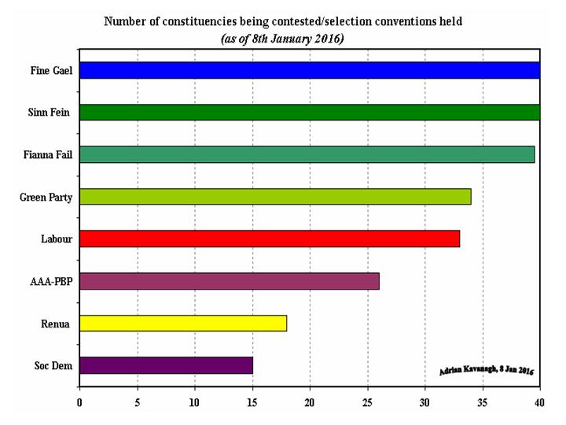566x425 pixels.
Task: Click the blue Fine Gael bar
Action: (310, 70)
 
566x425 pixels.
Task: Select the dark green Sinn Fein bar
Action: (310, 112)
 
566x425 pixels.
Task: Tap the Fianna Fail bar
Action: (307, 154)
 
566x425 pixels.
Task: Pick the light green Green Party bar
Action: (275, 196)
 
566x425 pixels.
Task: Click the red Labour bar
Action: (270, 238)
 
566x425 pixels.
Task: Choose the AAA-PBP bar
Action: (229, 281)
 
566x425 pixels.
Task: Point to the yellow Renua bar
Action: (183, 323)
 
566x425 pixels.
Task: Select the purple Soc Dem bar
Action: (166, 365)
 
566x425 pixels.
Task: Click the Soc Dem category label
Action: (53, 365)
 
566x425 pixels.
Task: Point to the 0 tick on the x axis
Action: (79, 403)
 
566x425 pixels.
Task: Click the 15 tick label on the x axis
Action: (252, 403)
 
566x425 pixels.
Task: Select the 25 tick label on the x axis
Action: (367, 403)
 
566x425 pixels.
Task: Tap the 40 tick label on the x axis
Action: (539, 403)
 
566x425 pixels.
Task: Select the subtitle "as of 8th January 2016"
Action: (281, 38)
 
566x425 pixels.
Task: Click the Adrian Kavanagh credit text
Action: (487, 370)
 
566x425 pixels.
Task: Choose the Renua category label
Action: (57, 323)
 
